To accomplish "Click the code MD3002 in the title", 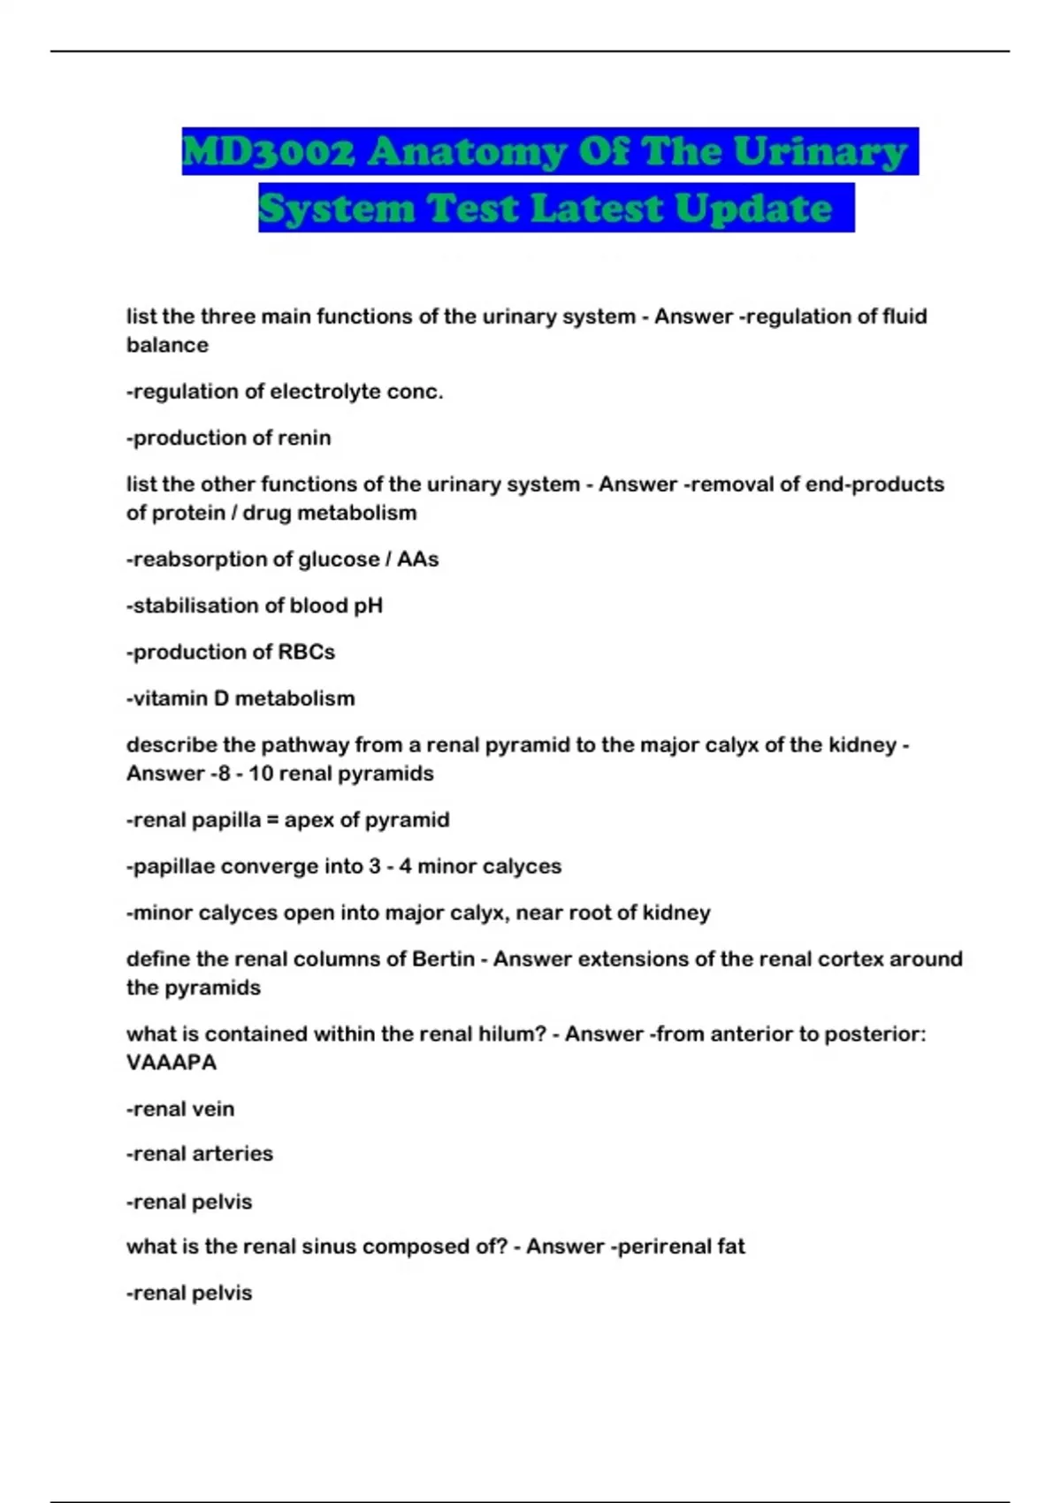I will (x=268, y=152).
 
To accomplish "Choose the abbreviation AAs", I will (x=417, y=560).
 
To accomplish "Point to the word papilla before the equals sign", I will (x=226, y=820).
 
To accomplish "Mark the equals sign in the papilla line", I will (x=272, y=820).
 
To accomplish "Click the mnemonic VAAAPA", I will (x=171, y=1063).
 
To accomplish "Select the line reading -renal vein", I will (x=180, y=1109).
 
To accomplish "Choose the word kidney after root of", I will (x=676, y=913).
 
